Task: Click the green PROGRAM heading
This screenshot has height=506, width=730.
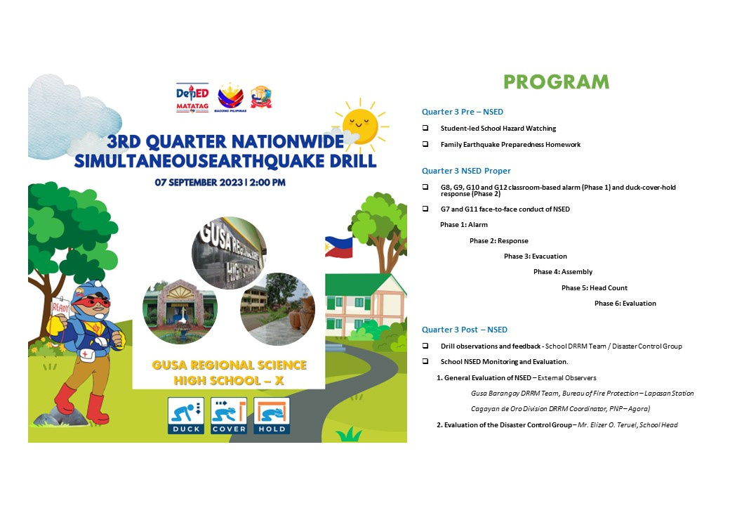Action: (557, 82)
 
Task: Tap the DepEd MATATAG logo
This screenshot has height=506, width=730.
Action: (192, 98)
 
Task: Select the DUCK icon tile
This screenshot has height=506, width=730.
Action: (186, 415)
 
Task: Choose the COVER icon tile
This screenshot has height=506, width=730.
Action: (229, 415)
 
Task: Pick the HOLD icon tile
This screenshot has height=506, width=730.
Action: (272, 415)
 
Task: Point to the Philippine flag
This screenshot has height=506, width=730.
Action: (338, 247)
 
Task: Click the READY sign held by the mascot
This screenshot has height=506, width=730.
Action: (60, 307)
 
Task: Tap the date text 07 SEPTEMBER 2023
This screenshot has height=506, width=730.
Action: (199, 183)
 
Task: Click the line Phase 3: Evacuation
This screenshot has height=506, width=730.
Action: (536, 257)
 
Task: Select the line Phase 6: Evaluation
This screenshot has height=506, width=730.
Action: (625, 304)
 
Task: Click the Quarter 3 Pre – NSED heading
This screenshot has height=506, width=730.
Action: (463, 112)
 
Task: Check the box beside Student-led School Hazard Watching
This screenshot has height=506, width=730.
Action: (425, 128)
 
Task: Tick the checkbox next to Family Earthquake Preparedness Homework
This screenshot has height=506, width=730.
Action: (425, 144)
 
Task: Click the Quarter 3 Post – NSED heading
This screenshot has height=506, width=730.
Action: (465, 330)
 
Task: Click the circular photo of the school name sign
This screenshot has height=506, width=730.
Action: (229, 252)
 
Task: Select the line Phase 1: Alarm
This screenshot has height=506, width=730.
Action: (464, 225)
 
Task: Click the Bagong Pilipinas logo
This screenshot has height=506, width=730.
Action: (230, 98)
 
